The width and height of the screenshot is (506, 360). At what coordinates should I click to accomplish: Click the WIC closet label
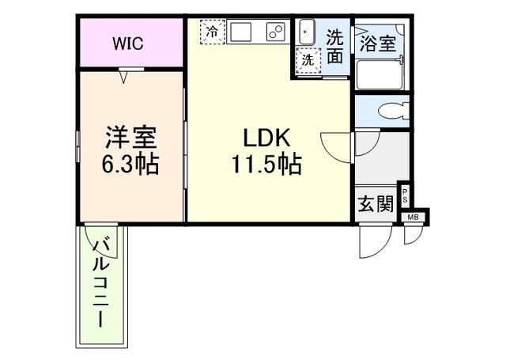126,44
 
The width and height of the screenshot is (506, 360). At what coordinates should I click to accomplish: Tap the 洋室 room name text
131,137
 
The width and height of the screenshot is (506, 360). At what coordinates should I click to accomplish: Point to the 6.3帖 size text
131,165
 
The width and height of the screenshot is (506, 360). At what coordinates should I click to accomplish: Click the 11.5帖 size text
264,165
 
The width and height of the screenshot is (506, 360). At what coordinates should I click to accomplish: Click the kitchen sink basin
241,32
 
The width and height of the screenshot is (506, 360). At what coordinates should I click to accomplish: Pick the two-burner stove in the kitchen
275,32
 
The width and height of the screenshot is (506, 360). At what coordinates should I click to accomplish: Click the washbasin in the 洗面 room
307,32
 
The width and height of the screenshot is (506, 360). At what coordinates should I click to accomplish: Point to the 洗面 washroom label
335,46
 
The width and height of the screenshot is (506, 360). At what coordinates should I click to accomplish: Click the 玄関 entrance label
375,203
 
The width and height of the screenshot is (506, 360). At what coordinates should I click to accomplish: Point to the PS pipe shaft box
406,195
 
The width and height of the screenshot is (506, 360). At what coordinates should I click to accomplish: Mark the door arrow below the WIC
124,76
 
